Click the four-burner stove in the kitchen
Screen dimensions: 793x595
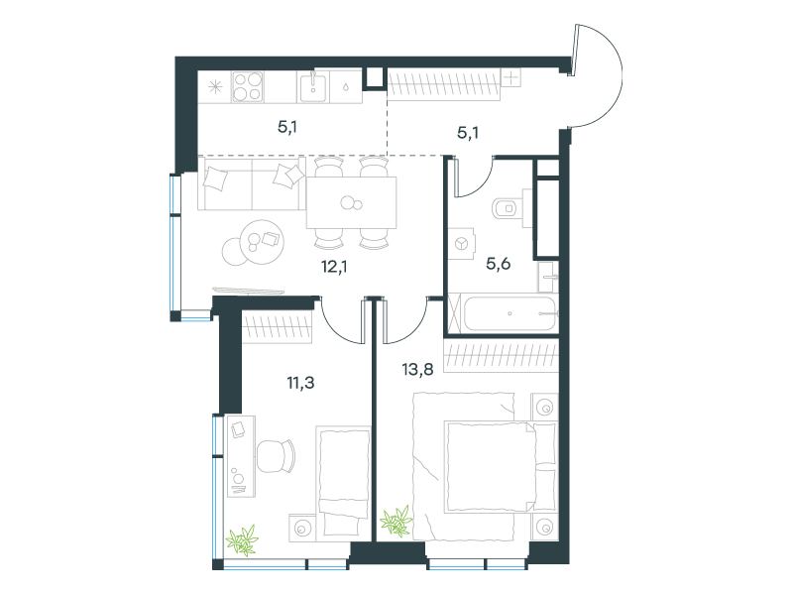click(x=248, y=86)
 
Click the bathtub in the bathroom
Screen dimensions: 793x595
click(x=510, y=313)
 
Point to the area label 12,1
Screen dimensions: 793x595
click(x=334, y=266)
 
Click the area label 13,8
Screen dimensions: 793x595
click(x=417, y=369)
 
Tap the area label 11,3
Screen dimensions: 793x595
click(x=301, y=383)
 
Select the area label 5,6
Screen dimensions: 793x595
click(x=499, y=264)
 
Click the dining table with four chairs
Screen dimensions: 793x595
click(x=352, y=203)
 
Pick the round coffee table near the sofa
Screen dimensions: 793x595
click(x=262, y=241)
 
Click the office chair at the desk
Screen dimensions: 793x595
click(x=276, y=456)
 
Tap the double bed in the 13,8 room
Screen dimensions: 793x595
click(x=486, y=466)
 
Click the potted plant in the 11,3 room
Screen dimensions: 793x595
click(x=242, y=539)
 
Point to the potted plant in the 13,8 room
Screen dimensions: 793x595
click(x=396, y=521)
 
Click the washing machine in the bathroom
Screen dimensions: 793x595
click(x=461, y=243)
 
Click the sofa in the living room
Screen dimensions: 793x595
click(x=252, y=183)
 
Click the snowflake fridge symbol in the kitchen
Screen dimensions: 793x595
click(x=215, y=87)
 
